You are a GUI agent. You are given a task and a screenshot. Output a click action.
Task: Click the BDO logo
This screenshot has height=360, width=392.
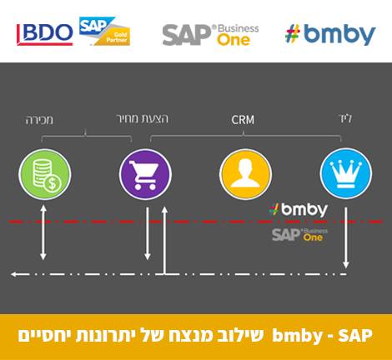point(45,34)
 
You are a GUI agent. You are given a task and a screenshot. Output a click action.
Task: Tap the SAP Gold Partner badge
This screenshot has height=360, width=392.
point(105,31)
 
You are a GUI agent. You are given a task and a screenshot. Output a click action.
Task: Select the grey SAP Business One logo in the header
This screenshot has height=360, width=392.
point(210,35)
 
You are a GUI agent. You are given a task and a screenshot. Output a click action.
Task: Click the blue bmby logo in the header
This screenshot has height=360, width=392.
point(330,34)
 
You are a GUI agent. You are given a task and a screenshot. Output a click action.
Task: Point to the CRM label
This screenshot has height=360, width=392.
point(243,120)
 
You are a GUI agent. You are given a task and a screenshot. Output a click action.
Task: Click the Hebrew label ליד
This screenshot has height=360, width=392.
point(345,119)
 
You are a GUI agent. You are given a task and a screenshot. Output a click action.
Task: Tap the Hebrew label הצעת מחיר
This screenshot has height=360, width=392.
point(143,119)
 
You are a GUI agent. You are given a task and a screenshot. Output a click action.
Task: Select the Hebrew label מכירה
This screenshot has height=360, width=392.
point(39,120)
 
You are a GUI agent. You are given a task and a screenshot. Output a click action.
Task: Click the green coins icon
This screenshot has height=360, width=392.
point(45,174)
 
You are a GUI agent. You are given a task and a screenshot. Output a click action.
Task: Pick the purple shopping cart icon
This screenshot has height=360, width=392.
point(145,174)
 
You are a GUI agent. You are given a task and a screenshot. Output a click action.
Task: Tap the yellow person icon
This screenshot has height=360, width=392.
point(245,174)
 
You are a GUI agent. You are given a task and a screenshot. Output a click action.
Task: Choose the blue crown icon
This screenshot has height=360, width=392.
point(346,173)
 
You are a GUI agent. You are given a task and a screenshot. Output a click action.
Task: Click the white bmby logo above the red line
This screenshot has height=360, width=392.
point(299,209)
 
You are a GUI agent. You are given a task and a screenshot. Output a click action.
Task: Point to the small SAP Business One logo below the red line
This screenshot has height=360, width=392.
point(299,235)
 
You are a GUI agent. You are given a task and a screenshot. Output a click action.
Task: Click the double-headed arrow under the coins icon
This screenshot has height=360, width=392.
point(43,232)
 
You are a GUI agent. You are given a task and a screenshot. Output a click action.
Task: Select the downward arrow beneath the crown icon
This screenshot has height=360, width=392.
point(346,237)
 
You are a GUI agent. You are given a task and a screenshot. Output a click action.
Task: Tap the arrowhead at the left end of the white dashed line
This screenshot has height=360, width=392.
point(14,274)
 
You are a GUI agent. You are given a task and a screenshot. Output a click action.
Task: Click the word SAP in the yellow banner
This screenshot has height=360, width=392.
point(355,336)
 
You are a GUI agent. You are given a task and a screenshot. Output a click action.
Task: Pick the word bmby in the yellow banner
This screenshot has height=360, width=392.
point(297,336)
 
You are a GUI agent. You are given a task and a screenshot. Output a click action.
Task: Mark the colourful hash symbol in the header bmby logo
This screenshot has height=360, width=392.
point(293,33)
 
